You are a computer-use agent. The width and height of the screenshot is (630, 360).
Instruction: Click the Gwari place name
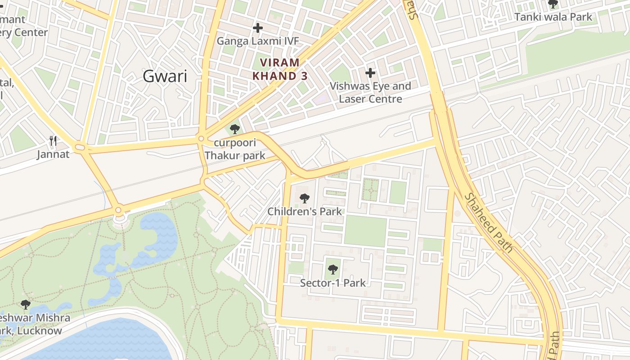(165, 76)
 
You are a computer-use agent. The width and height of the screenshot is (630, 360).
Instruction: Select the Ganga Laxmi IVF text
(258, 41)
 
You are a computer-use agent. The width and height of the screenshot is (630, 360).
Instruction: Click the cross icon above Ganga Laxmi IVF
(257, 28)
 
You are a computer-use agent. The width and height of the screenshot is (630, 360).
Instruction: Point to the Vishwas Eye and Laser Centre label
(370, 92)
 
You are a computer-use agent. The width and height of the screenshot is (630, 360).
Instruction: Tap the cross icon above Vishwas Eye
(370, 72)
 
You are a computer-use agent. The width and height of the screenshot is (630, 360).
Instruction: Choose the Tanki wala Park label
(553, 18)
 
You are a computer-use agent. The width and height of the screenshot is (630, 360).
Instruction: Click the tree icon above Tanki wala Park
(553, 4)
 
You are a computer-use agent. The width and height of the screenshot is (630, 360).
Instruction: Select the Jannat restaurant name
(54, 154)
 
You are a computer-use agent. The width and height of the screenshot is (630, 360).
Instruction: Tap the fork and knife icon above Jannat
(53, 141)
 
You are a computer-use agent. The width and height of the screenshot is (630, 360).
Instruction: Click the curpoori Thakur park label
(234, 149)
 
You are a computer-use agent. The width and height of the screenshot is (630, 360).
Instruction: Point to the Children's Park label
(305, 211)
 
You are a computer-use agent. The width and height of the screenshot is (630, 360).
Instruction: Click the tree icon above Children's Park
(305, 198)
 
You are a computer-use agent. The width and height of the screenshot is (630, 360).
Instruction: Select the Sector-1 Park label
(333, 283)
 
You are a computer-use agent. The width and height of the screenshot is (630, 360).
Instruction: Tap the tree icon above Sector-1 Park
(333, 270)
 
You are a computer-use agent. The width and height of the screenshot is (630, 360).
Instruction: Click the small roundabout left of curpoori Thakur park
(201, 139)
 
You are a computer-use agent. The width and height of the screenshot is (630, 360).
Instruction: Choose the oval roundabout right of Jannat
(80, 147)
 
